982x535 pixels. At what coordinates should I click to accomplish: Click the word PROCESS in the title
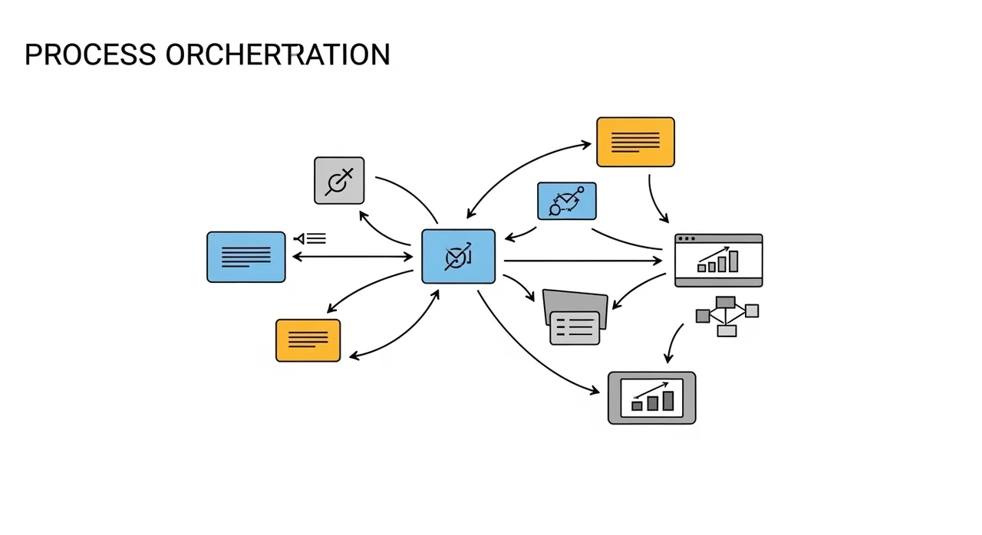click(91, 54)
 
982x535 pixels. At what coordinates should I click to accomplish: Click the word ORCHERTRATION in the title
click(278, 54)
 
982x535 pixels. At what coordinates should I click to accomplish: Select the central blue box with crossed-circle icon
click(459, 257)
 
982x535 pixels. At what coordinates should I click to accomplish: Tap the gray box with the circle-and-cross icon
click(339, 180)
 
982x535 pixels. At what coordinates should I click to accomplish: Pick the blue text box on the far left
click(246, 257)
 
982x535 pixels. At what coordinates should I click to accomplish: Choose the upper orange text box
click(636, 142)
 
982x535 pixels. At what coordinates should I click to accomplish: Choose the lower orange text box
click(308, 340)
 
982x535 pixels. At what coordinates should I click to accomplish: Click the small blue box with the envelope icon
click(567, 201)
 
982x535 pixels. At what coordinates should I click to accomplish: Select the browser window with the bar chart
click(719, 261)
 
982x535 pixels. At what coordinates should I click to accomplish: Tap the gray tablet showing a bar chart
click(652, 398)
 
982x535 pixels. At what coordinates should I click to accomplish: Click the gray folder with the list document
click(575, 317)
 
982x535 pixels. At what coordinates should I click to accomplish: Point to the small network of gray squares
click(727, 316)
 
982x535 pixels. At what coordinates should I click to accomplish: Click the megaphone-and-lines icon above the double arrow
click(310, 238)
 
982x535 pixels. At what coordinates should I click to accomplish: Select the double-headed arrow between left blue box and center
click(352, 257)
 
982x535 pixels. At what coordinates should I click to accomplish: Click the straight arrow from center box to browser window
click(583, 261)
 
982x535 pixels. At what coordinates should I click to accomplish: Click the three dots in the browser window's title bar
click(687, 238)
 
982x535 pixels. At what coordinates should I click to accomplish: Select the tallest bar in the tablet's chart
click(668, 401)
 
